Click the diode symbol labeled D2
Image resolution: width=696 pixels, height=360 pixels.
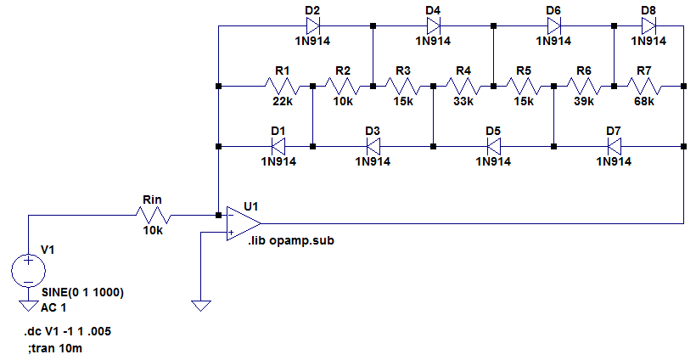click(312, 25)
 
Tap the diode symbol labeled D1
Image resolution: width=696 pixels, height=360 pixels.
click(278, 146)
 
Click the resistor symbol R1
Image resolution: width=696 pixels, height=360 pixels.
click(283, 86)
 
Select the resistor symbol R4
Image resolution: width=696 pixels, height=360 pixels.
click(463, 86)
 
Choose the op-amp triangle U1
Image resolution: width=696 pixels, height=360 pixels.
click(242, 223)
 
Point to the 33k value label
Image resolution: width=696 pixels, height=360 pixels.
click(463, 101)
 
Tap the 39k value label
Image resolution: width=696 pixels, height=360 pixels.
click(584, 101)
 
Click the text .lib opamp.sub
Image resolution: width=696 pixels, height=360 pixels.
click(291, 241)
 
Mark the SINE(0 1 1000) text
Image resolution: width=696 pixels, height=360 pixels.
click(82, 293)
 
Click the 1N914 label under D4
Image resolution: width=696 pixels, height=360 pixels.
click(433, 41)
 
